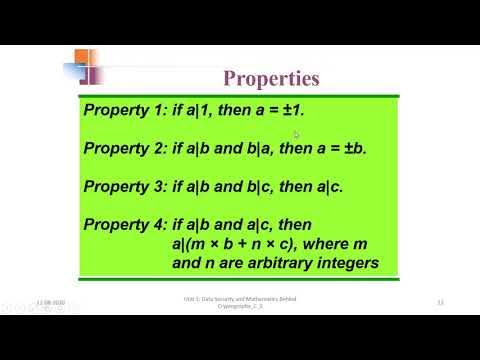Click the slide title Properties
(x=271, y=77)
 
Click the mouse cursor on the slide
(x=297, y=135)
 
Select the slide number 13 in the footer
(x=441, y=301)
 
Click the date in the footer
(x=50, y=301)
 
